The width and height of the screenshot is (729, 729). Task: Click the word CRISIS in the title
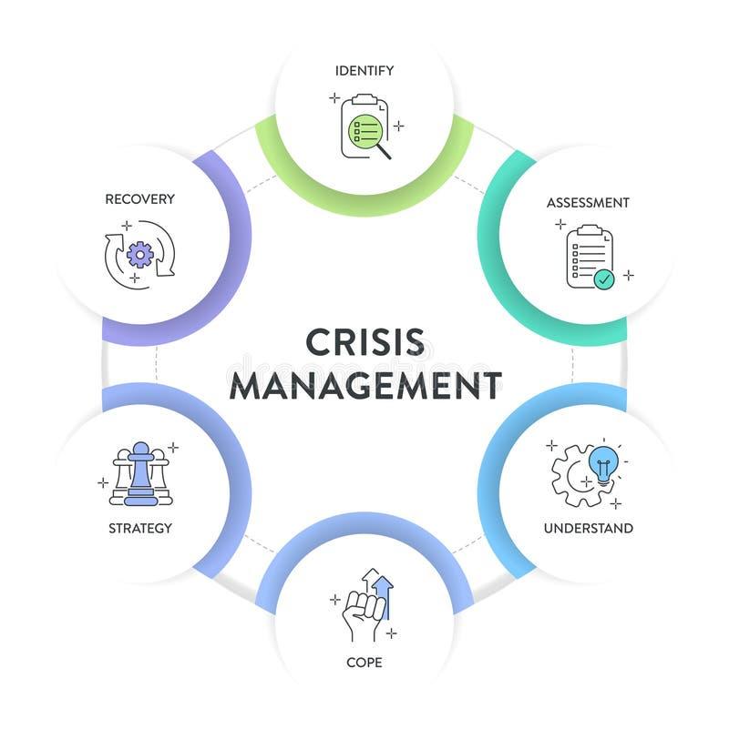tap(364, 343)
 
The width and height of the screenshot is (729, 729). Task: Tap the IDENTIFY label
tap(364, 70)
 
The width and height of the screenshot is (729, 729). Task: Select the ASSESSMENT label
tap(588, 202)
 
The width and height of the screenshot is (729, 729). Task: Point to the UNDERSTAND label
tap(588, 528)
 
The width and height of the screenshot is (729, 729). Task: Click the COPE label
tap(364, 662)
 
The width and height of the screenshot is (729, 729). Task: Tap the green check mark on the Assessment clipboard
tap(603, 279)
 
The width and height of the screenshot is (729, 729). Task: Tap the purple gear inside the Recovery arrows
tap(139, 253)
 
